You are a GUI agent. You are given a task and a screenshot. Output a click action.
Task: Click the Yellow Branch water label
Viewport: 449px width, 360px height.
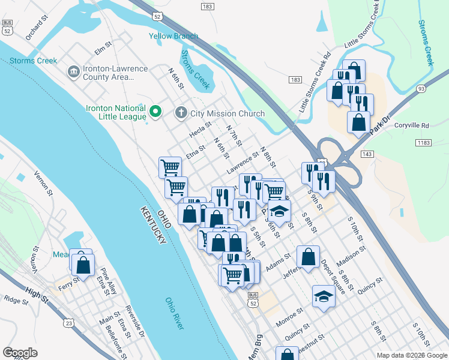tap(173, 36)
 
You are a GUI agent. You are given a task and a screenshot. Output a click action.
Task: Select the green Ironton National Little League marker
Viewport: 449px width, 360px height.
tap(155, 110)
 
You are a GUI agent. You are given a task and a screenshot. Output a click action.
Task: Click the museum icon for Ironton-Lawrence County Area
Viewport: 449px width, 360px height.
tap(74, 72)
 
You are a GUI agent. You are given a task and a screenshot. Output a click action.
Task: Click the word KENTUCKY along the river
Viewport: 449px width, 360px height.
tap(154, 226)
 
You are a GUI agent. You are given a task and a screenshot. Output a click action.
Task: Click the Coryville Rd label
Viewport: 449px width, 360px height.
tap(412, 125)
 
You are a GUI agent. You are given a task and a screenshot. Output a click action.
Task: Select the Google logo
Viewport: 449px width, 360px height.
tap(20, 353)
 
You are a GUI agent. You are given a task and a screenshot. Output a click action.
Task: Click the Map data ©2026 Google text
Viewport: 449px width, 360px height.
tap(411, 355)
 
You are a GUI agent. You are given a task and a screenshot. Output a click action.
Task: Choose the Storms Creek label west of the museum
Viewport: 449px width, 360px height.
tap(33, 61)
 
